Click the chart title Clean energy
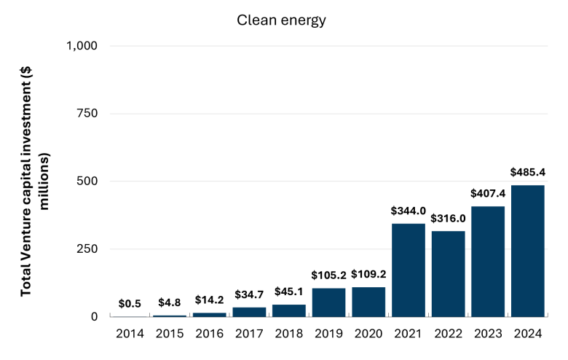coord(282,20)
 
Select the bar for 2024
coord(528,251)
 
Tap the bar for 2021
coord(409,270)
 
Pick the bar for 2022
coord(448,274)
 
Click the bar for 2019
coord(328,302)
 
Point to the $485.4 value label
coord(528,172)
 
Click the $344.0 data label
coord(409,211)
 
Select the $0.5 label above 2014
coord(130,303)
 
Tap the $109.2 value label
coord(368,274)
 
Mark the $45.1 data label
coord(288,291)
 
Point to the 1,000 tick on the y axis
coord(82,46)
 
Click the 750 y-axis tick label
coord(87,114)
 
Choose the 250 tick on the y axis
coord(87,249)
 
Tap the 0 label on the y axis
coord(94,316)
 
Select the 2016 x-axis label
coord(210,334)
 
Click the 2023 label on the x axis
coord(488,334)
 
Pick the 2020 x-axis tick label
coord(368,334)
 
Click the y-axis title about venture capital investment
coord(35,181)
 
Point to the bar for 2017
coord(249,312)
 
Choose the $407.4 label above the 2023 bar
coord(488,194)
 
